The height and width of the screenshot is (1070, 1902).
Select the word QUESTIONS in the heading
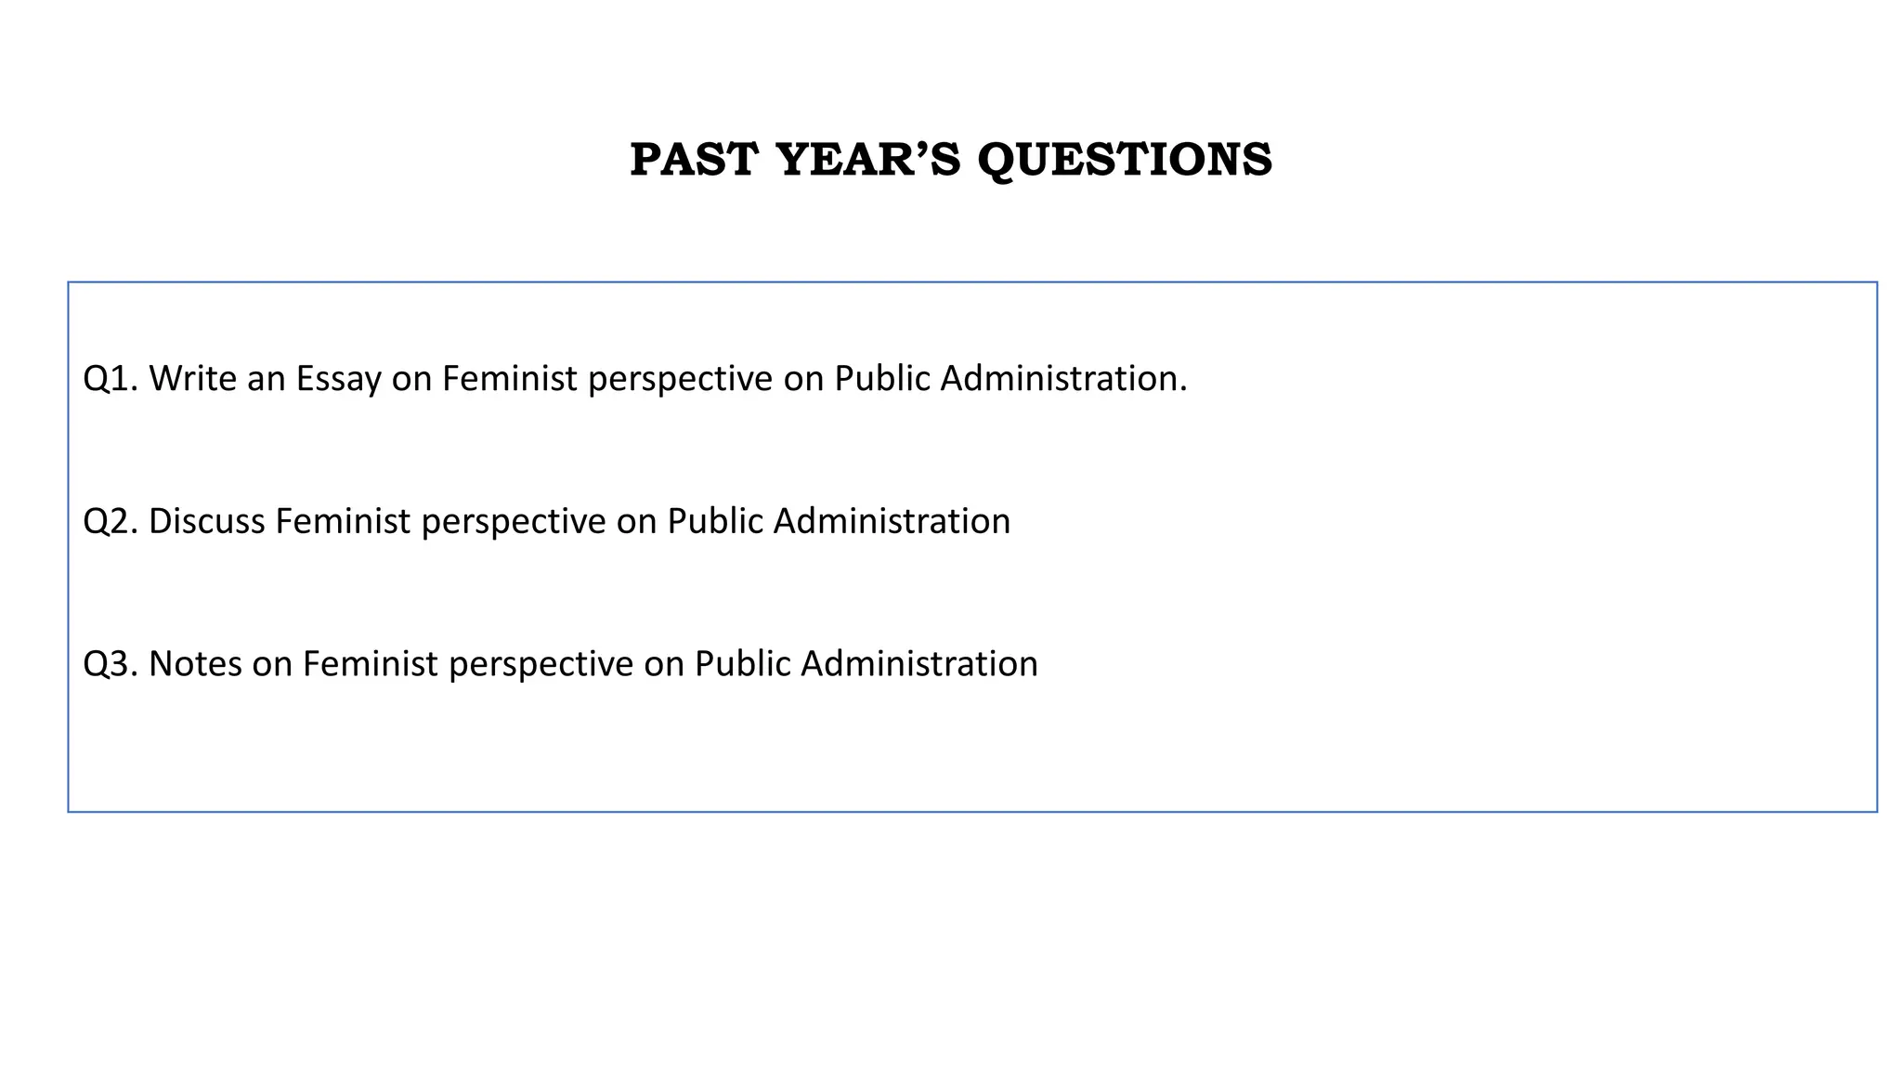click(1125, 159)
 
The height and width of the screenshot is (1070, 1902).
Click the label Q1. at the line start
click(110, 379)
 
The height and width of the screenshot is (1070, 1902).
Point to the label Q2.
click(110, 521)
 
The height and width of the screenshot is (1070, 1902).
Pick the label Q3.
click(110, 664)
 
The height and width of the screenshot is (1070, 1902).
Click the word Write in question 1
click(192, 379)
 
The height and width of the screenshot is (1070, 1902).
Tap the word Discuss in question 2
click(206, 521)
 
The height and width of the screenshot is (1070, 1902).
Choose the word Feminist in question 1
click(509, 379)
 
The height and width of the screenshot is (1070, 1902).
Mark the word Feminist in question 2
click(343, 521)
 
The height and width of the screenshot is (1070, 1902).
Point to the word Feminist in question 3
click(370, 664)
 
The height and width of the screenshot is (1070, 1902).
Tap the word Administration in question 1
click(1063, 379)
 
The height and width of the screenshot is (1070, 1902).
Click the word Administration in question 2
click(892, 521)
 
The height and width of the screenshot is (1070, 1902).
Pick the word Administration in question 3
click(918, 664)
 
